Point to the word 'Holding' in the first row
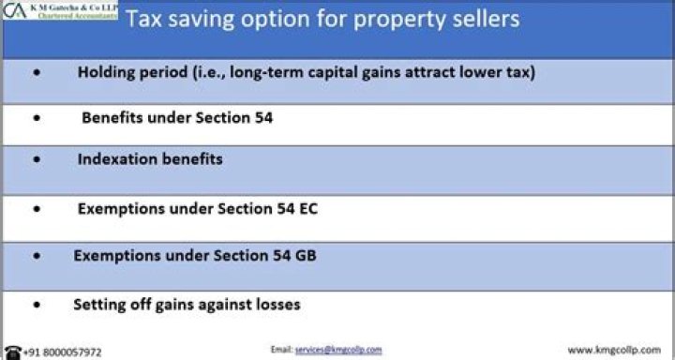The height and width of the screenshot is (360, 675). pos(106,72)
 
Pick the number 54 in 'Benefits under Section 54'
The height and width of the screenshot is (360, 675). pos(262,118)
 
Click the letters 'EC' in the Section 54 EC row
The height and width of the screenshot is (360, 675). pos(307,208)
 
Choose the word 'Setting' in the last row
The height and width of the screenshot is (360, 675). pos(99,304)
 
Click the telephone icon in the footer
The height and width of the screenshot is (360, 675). pos(10,351)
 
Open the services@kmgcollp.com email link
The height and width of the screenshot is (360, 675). pos(338,349)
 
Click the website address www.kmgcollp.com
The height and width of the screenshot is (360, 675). pos(614,350)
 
